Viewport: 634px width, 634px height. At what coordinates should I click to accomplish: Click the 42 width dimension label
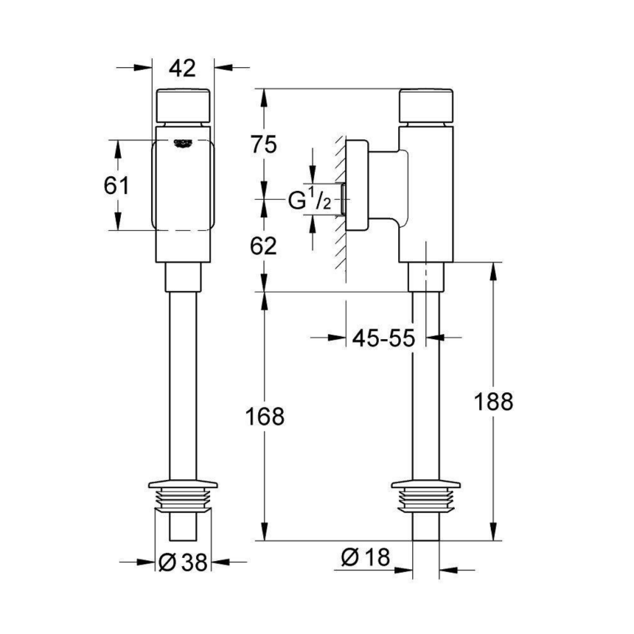182,68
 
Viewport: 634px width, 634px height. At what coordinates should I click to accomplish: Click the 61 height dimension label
116,185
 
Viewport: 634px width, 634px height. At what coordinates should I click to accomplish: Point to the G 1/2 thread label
307,200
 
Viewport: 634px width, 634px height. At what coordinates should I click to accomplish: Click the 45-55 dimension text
383,338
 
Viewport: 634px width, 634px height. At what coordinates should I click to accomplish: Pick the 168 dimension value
265,416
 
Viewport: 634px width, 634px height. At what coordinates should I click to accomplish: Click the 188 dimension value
493,402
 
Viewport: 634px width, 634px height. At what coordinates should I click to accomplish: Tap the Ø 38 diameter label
183,562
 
